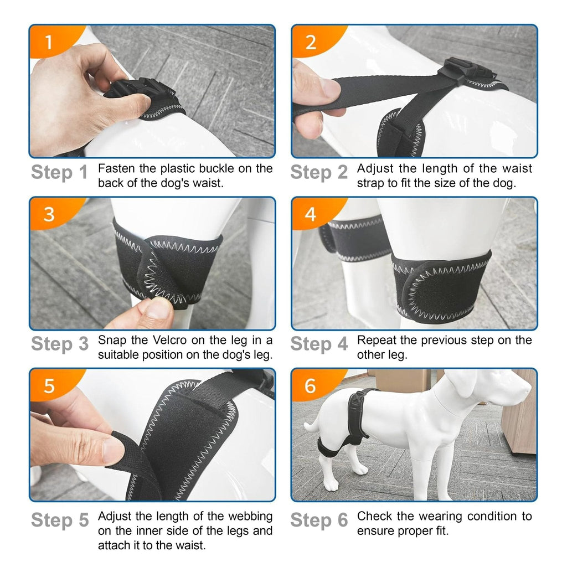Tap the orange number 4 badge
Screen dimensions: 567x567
pos(311,213)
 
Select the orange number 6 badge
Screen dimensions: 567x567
pos(311,385)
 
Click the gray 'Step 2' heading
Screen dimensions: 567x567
pos(319,173)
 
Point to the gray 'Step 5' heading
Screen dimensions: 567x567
pos(60,520)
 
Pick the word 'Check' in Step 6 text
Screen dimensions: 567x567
pos(375,516)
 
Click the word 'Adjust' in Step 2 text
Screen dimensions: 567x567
pos(375,168)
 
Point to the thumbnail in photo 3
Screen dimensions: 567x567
pos(159,306)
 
